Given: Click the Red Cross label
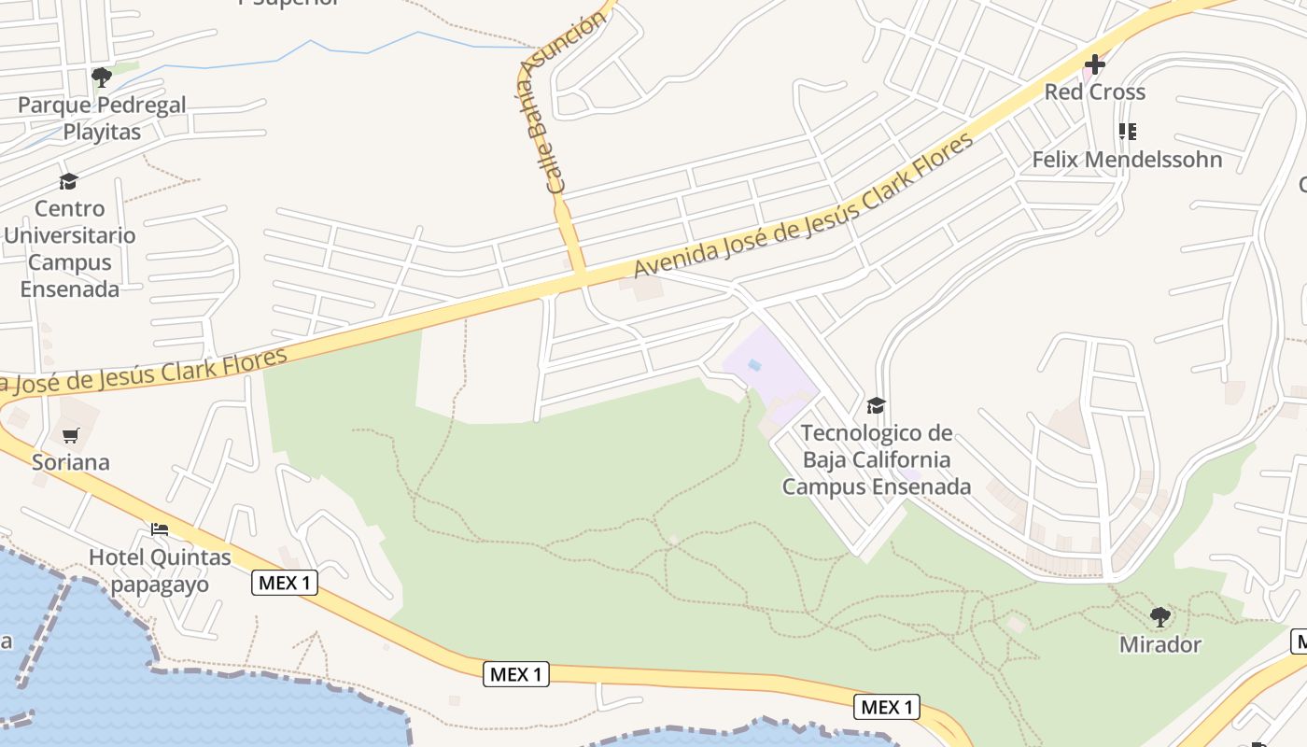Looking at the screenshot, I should coord(1094,92).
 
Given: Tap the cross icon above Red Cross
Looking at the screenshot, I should coord(1094,64).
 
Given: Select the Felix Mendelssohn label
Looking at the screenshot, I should coord(1127,160).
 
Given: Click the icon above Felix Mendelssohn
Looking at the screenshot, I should coord(1128,132).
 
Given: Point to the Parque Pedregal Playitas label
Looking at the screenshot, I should coord(102,119).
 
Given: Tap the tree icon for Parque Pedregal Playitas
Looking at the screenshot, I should coord(102,78).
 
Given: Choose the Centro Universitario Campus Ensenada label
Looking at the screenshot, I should coord(70,248).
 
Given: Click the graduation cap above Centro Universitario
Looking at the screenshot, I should coord(68,181).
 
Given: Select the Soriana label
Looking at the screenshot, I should coord(71,462).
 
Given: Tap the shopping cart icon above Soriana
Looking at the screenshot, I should coord(71,435).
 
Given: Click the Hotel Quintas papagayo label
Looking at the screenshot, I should coord(160,571).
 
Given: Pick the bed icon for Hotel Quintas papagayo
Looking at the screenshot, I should coord(160,529).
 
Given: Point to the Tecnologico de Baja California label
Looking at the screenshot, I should coord(877,459).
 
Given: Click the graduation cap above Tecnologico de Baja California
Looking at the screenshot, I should coord(876,405).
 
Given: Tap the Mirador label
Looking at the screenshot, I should coord(1160,644).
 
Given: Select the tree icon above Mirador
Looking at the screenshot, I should coord(1160,616).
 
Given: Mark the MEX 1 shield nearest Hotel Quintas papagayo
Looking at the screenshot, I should coord(285,584).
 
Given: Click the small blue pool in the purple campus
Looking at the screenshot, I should coord(754,365).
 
